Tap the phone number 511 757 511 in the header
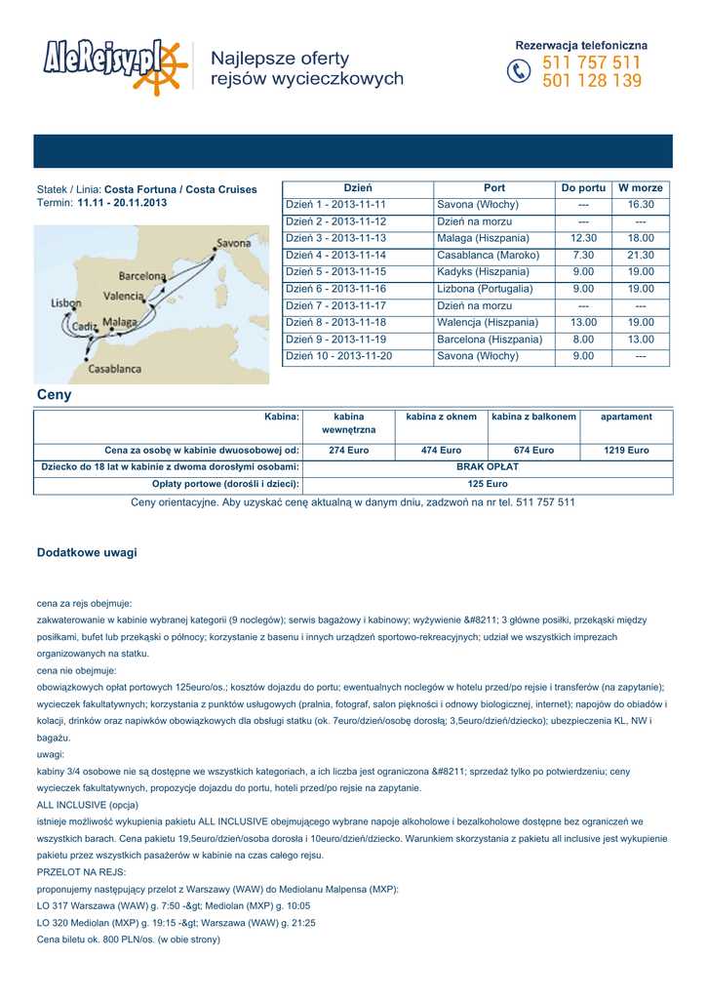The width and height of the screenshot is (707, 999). tap(592, 63)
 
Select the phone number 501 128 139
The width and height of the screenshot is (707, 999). tap(592, 82)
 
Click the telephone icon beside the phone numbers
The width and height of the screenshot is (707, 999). tap(520, 73)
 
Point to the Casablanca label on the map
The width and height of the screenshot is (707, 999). tap(115, 369)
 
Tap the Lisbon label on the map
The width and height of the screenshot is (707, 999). tap(66, 303)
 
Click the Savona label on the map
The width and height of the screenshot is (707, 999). tap(233, 242)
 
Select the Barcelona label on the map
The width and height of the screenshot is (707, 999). tap(142, 276)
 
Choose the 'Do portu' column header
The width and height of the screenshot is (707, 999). tap(584, 188)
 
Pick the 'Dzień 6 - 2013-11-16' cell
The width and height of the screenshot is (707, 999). tap(335, 290)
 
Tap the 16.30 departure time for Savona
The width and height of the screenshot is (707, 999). tap(641, 206)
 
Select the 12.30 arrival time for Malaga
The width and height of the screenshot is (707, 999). tap(584, 239)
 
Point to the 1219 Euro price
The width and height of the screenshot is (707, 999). tap(626, 451)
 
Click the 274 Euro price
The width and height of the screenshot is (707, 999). tap(348, 451)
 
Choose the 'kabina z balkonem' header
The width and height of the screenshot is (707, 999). tap(533, 418)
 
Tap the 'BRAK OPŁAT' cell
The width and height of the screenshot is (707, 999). tap(488, 467)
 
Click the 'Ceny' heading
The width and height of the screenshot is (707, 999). tap(54, 396)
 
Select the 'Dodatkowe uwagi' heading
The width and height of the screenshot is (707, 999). tap(87, 553)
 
